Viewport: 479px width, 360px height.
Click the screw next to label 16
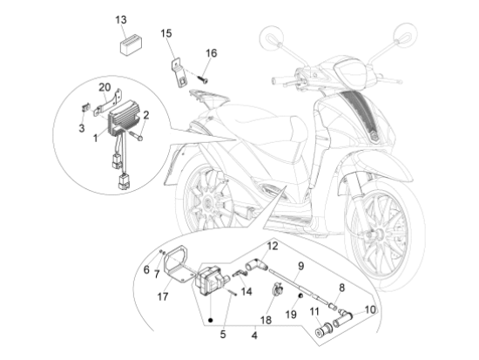coord(203,78)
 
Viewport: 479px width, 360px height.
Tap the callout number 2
coord(146,114)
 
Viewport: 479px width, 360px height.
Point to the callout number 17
coord(164,295)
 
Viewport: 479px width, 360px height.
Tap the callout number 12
coord(272,248)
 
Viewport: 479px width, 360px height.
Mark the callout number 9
coord(300,266)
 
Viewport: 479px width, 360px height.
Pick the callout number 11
coord(314,310)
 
